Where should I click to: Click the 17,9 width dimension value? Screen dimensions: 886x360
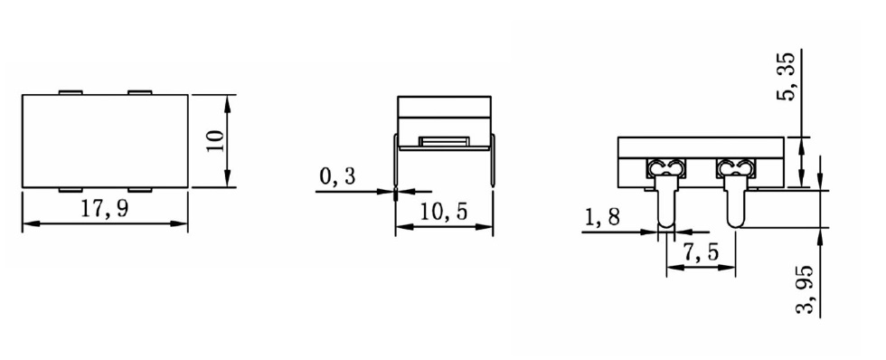click(x=105, y=210)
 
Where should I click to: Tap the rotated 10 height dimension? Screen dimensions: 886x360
click(x=215, y=141)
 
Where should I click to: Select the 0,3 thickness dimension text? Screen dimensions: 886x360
click(x=338, y=177)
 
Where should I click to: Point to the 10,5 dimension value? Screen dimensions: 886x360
click(x=444, y=213)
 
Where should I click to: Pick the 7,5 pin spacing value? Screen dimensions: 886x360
click(x=701, y=252)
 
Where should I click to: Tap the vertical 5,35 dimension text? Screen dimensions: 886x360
click(x=786, y=76)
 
